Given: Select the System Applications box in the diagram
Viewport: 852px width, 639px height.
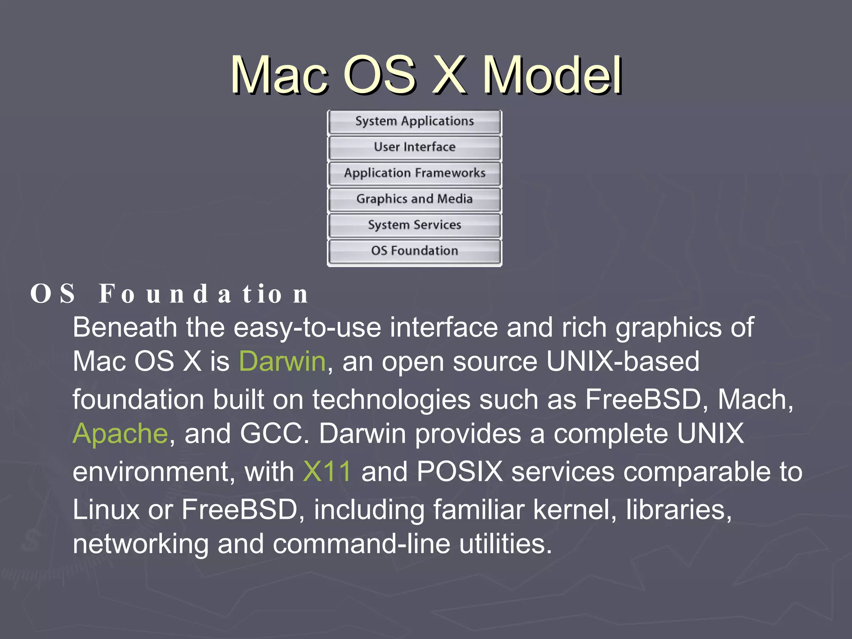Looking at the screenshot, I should pos(414,121).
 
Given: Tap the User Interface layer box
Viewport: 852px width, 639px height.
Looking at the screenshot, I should pos(414,147).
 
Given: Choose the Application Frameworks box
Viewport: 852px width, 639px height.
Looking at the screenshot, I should pos(414,173).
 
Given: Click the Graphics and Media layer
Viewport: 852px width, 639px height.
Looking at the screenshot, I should pos(414,199).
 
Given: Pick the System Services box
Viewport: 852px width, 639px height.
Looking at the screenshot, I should pos(414,225).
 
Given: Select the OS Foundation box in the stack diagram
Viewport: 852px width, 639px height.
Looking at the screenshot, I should pos(414,251).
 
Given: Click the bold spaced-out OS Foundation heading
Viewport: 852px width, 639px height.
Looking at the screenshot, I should pos(169,294).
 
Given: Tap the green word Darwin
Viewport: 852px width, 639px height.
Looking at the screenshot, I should pos(282,361).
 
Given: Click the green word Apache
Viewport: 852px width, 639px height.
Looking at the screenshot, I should pos(120,433).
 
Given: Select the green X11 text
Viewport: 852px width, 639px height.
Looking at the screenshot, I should pos(327,471).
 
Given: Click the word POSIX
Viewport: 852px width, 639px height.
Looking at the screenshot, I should pos(460,471).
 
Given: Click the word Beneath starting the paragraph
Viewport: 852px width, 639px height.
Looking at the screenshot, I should pos(125,327).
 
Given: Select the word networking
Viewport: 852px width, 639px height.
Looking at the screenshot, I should pos(141,544).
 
